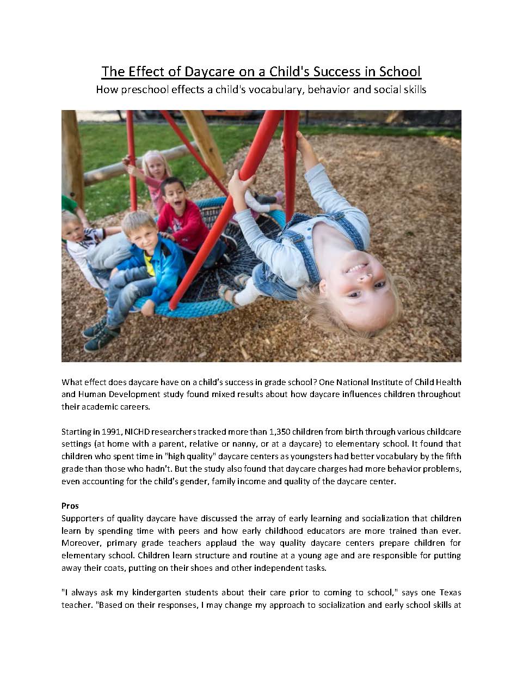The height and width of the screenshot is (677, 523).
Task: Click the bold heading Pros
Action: pos(70,505)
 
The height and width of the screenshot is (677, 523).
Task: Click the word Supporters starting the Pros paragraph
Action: pos(84,518)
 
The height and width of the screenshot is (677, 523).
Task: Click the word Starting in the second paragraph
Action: pos(76,431)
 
